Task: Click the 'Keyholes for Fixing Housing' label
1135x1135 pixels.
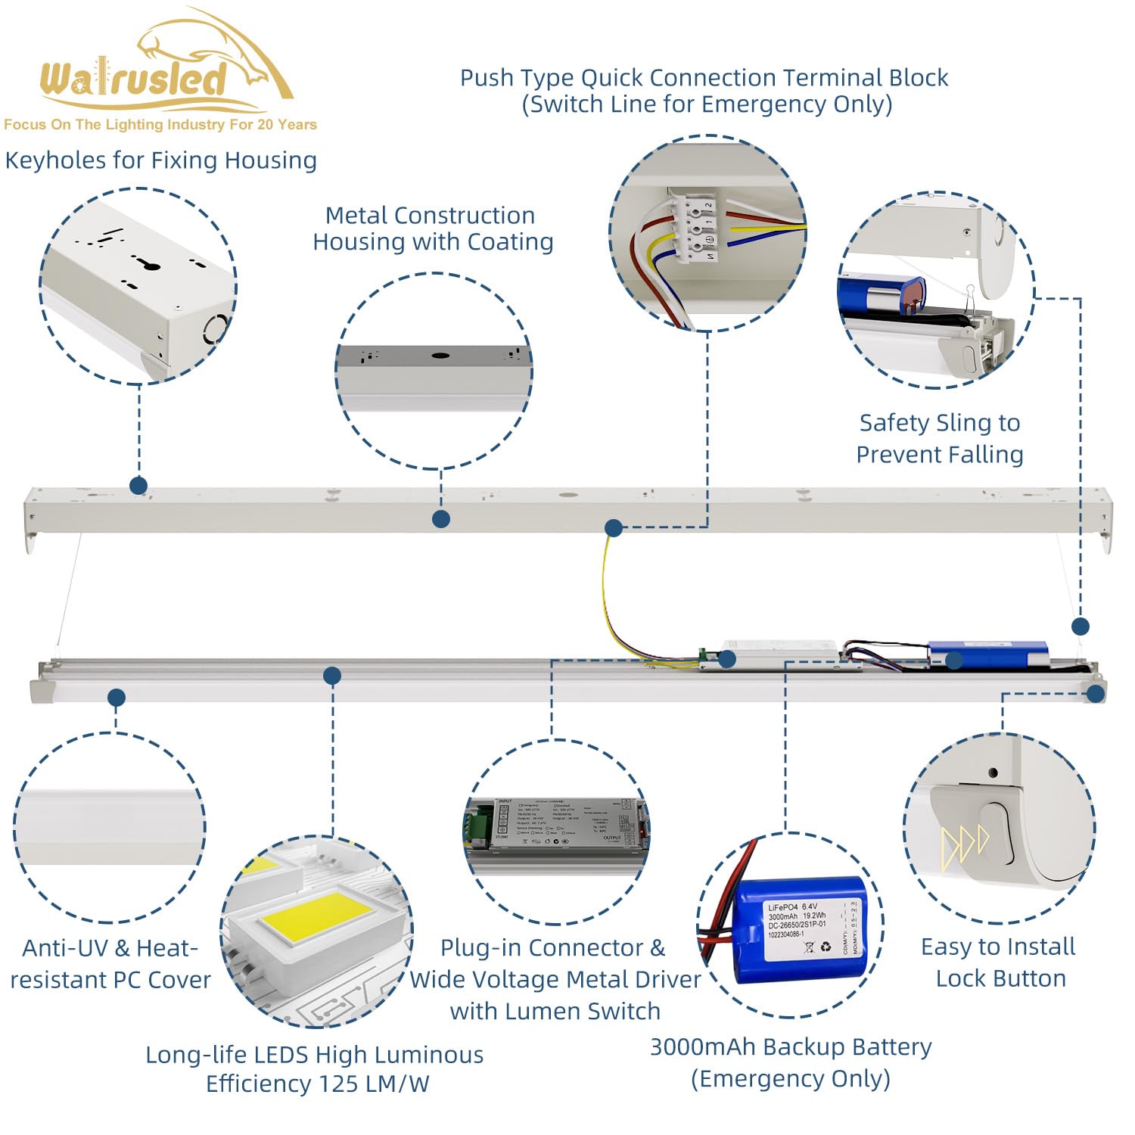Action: pyautogui.click(x=160, y=160)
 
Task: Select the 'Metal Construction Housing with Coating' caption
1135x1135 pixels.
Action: pyautogui.click(x=433, y=229)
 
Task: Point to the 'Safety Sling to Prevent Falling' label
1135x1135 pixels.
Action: pyautogui.click(x=940, y=438)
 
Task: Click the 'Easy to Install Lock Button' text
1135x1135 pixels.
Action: pyautogui.click(x=999, y=962)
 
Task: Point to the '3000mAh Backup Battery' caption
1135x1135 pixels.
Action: pyautogui.click(x=791, y=1047)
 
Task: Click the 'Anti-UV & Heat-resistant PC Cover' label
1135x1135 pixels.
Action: pyautogui.click(x=110, y=964)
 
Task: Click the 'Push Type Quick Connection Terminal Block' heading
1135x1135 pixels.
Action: pyautogui.click(x=704, y=78)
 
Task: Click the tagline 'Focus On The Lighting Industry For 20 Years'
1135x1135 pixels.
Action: pyautogui.click(x=160, y=125)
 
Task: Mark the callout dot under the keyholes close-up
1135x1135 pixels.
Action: pyautogui.click(x=138, y=486)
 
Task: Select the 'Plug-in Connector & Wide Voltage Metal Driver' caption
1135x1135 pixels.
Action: pyautogui.click(x=555, y=963)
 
